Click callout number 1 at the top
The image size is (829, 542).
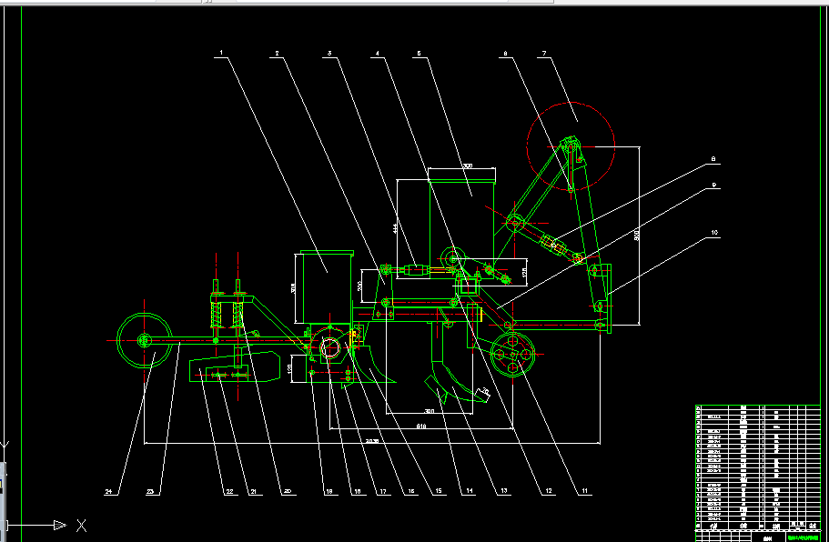tap(219, 54)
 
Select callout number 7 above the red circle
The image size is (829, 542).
tap(544, 54)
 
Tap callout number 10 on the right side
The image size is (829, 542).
tap(714, 234)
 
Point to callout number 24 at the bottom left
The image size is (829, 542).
tap(109, 492)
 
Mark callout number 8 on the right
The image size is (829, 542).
tap(714, 160)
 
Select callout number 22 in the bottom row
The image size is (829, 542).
tap(229, 492)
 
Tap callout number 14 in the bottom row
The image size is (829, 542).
tap(469, 492)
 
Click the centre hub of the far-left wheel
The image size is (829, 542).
tap(144, 340)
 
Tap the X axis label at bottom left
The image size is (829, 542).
tap(81, 525)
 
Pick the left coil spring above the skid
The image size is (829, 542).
tap(218, 315)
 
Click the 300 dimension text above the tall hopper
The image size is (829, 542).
tap(467, 166)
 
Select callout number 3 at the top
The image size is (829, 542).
tap(329, 54)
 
